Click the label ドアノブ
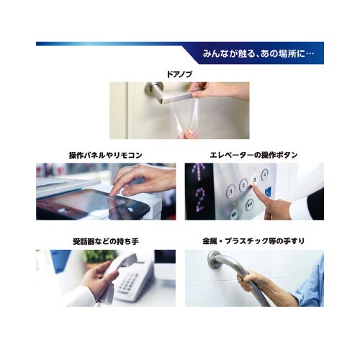[179, 73]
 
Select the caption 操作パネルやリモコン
[105, 156]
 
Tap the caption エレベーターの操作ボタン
[253, 156]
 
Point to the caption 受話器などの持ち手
[105, 241]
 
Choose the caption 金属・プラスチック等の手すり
[253, 241]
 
